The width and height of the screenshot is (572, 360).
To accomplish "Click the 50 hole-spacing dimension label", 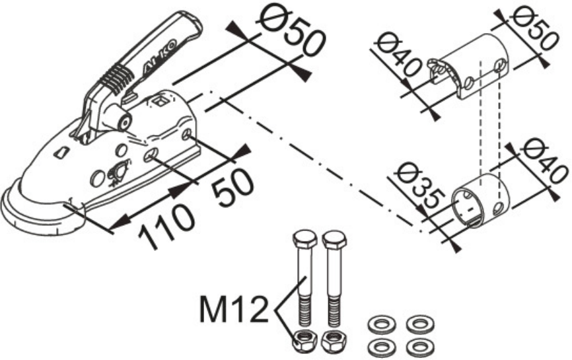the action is click(x=232, y=186).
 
